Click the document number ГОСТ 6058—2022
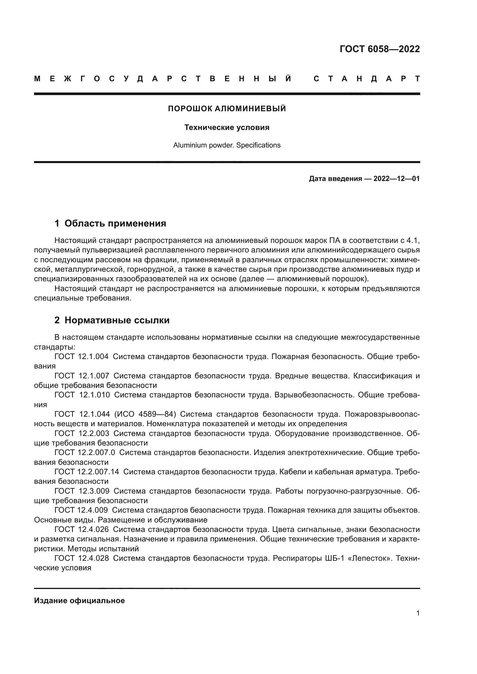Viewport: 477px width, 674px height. pos(380,49)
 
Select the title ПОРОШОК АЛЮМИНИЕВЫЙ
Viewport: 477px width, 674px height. pos(227,109)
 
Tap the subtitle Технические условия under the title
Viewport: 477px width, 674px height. pos(227,127)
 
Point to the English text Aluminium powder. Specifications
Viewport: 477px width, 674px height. pos(227,145)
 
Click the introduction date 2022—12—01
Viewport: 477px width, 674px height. pos(396,179)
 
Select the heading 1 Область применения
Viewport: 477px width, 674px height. pos(110,223)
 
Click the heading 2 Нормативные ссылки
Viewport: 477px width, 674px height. pos(112,320)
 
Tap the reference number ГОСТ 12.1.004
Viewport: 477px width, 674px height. pos(81,357)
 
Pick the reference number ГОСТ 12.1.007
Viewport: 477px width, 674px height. pos(82,376)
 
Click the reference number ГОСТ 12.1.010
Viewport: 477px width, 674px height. pos(82,395)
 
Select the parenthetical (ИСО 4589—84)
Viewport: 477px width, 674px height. pos(145,414)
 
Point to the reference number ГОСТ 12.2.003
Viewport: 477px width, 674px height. pos(82,433)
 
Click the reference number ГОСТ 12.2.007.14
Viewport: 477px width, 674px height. pos(87,472)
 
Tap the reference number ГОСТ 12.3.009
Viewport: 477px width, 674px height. pos(82,491)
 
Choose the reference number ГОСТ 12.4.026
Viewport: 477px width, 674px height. pos(81,529)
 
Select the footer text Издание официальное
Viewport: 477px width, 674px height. pos(79,601)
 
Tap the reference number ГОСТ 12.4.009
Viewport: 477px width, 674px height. pos(81,510)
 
